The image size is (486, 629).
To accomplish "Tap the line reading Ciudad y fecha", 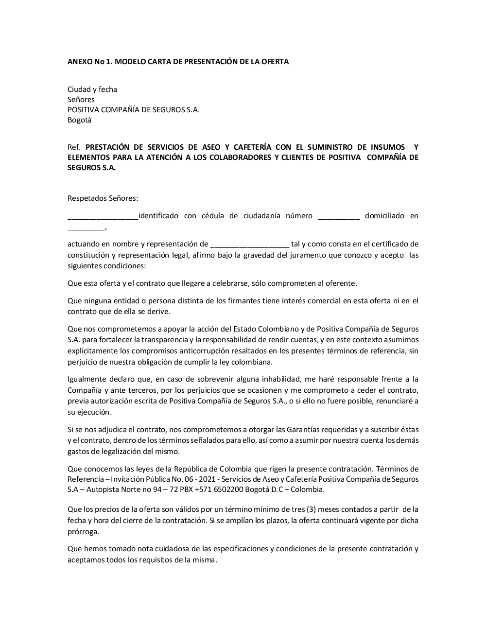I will [92, 89].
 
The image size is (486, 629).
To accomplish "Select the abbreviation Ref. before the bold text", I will [74, 147].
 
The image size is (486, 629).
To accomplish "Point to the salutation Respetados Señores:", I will [103, 198].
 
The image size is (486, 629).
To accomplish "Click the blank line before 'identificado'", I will [103, 216].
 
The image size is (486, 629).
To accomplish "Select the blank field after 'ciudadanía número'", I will [339, 216].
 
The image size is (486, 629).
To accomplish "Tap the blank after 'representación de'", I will [250, 245].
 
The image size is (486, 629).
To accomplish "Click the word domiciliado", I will [384, 216].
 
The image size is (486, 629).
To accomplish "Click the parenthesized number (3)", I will [312, 509].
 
